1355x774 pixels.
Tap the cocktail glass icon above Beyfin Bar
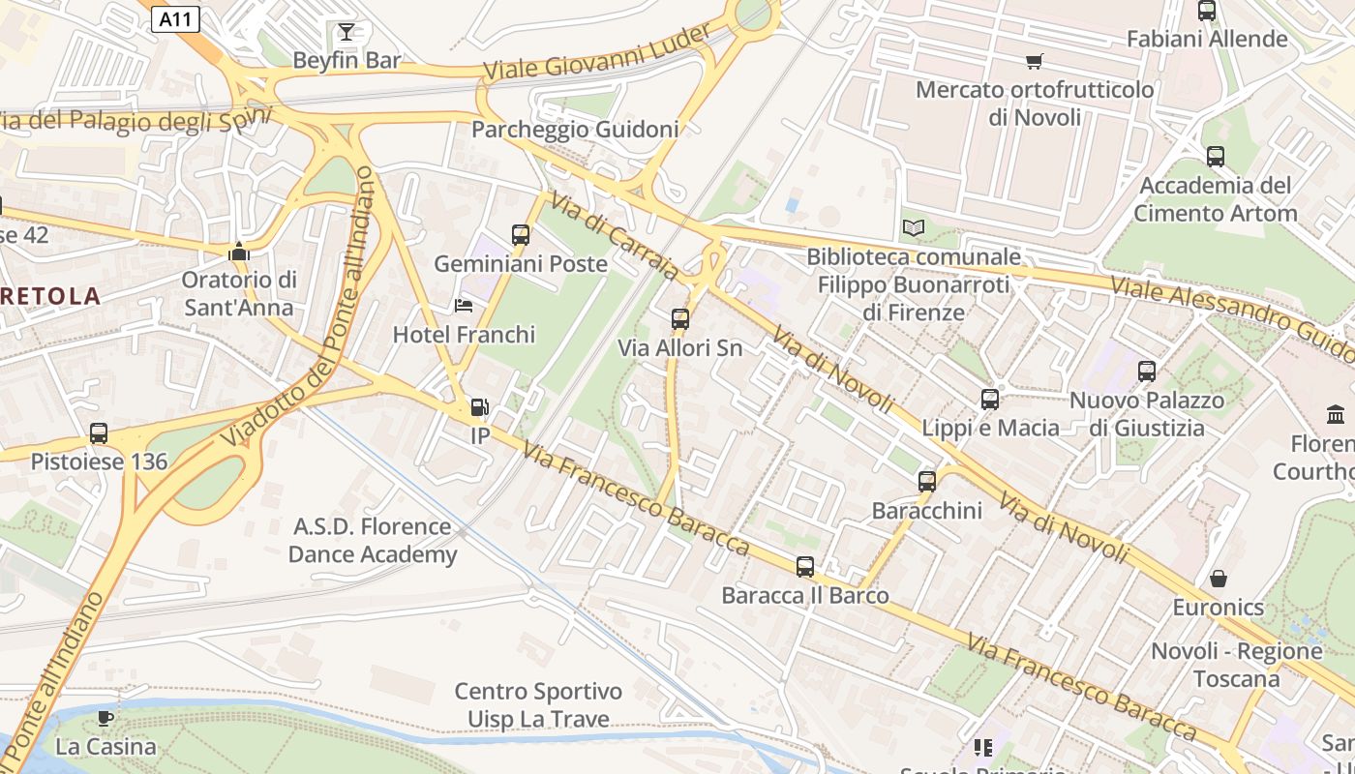(x=346, y=32)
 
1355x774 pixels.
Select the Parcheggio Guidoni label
(x=575, y=129)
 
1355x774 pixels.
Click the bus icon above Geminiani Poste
(x=521, y=234)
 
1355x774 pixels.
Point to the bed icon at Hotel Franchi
(x=464, y=306)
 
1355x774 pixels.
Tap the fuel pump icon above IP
(x=479, y=408)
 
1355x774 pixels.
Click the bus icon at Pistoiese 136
(x=99, y=433)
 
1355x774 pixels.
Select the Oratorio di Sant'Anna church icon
(x=238, y=253)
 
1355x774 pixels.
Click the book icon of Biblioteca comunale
(x=913, y=228)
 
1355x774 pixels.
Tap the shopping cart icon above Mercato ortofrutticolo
(x=1034, y=62)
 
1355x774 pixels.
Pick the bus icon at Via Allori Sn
(x=680, y=319)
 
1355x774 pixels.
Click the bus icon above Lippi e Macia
(x=989, y=399)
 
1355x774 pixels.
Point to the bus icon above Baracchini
(x=926, y=482)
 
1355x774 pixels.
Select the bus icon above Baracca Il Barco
(x=804, y=567)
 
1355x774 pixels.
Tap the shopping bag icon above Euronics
(x=1218, y=579)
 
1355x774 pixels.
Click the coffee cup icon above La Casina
(x=105, y=718)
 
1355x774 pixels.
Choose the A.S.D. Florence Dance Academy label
(x=373, y=541)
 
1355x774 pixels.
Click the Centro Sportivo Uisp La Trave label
(x=538, y=705)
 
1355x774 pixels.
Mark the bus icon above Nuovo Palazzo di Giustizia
(x=1147, y=371)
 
